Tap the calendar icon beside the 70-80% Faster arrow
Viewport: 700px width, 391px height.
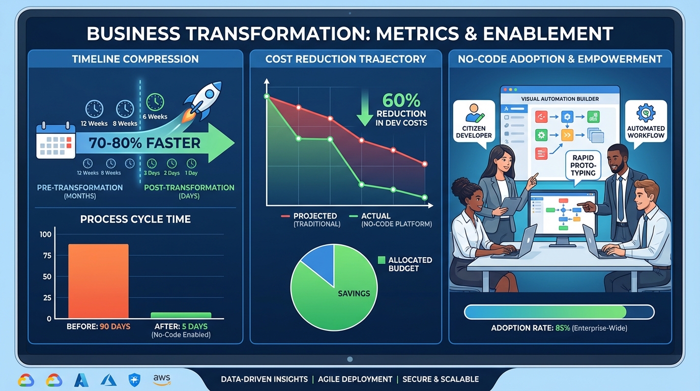pos(55,143)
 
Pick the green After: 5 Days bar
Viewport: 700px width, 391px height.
pos(181,315)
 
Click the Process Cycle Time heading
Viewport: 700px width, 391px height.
pos(135,219)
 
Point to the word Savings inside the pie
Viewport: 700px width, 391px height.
pos(354,293)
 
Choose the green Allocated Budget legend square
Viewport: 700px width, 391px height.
pos(382,260)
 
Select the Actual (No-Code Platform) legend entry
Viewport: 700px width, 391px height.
pos(391,219)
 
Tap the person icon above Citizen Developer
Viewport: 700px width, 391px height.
pos(474,112)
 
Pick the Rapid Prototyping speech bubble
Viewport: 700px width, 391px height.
pos(583,165)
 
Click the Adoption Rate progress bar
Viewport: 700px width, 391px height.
pos(559,312)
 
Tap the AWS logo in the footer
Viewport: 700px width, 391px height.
pos(162,379)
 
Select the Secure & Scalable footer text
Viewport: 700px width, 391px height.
pos(440,379)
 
